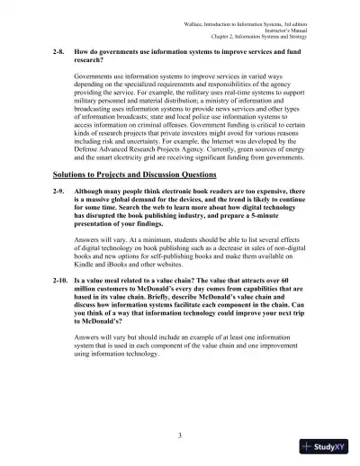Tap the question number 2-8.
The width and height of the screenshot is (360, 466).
click(59, 53)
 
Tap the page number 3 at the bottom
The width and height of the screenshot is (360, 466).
click(180, 435)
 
